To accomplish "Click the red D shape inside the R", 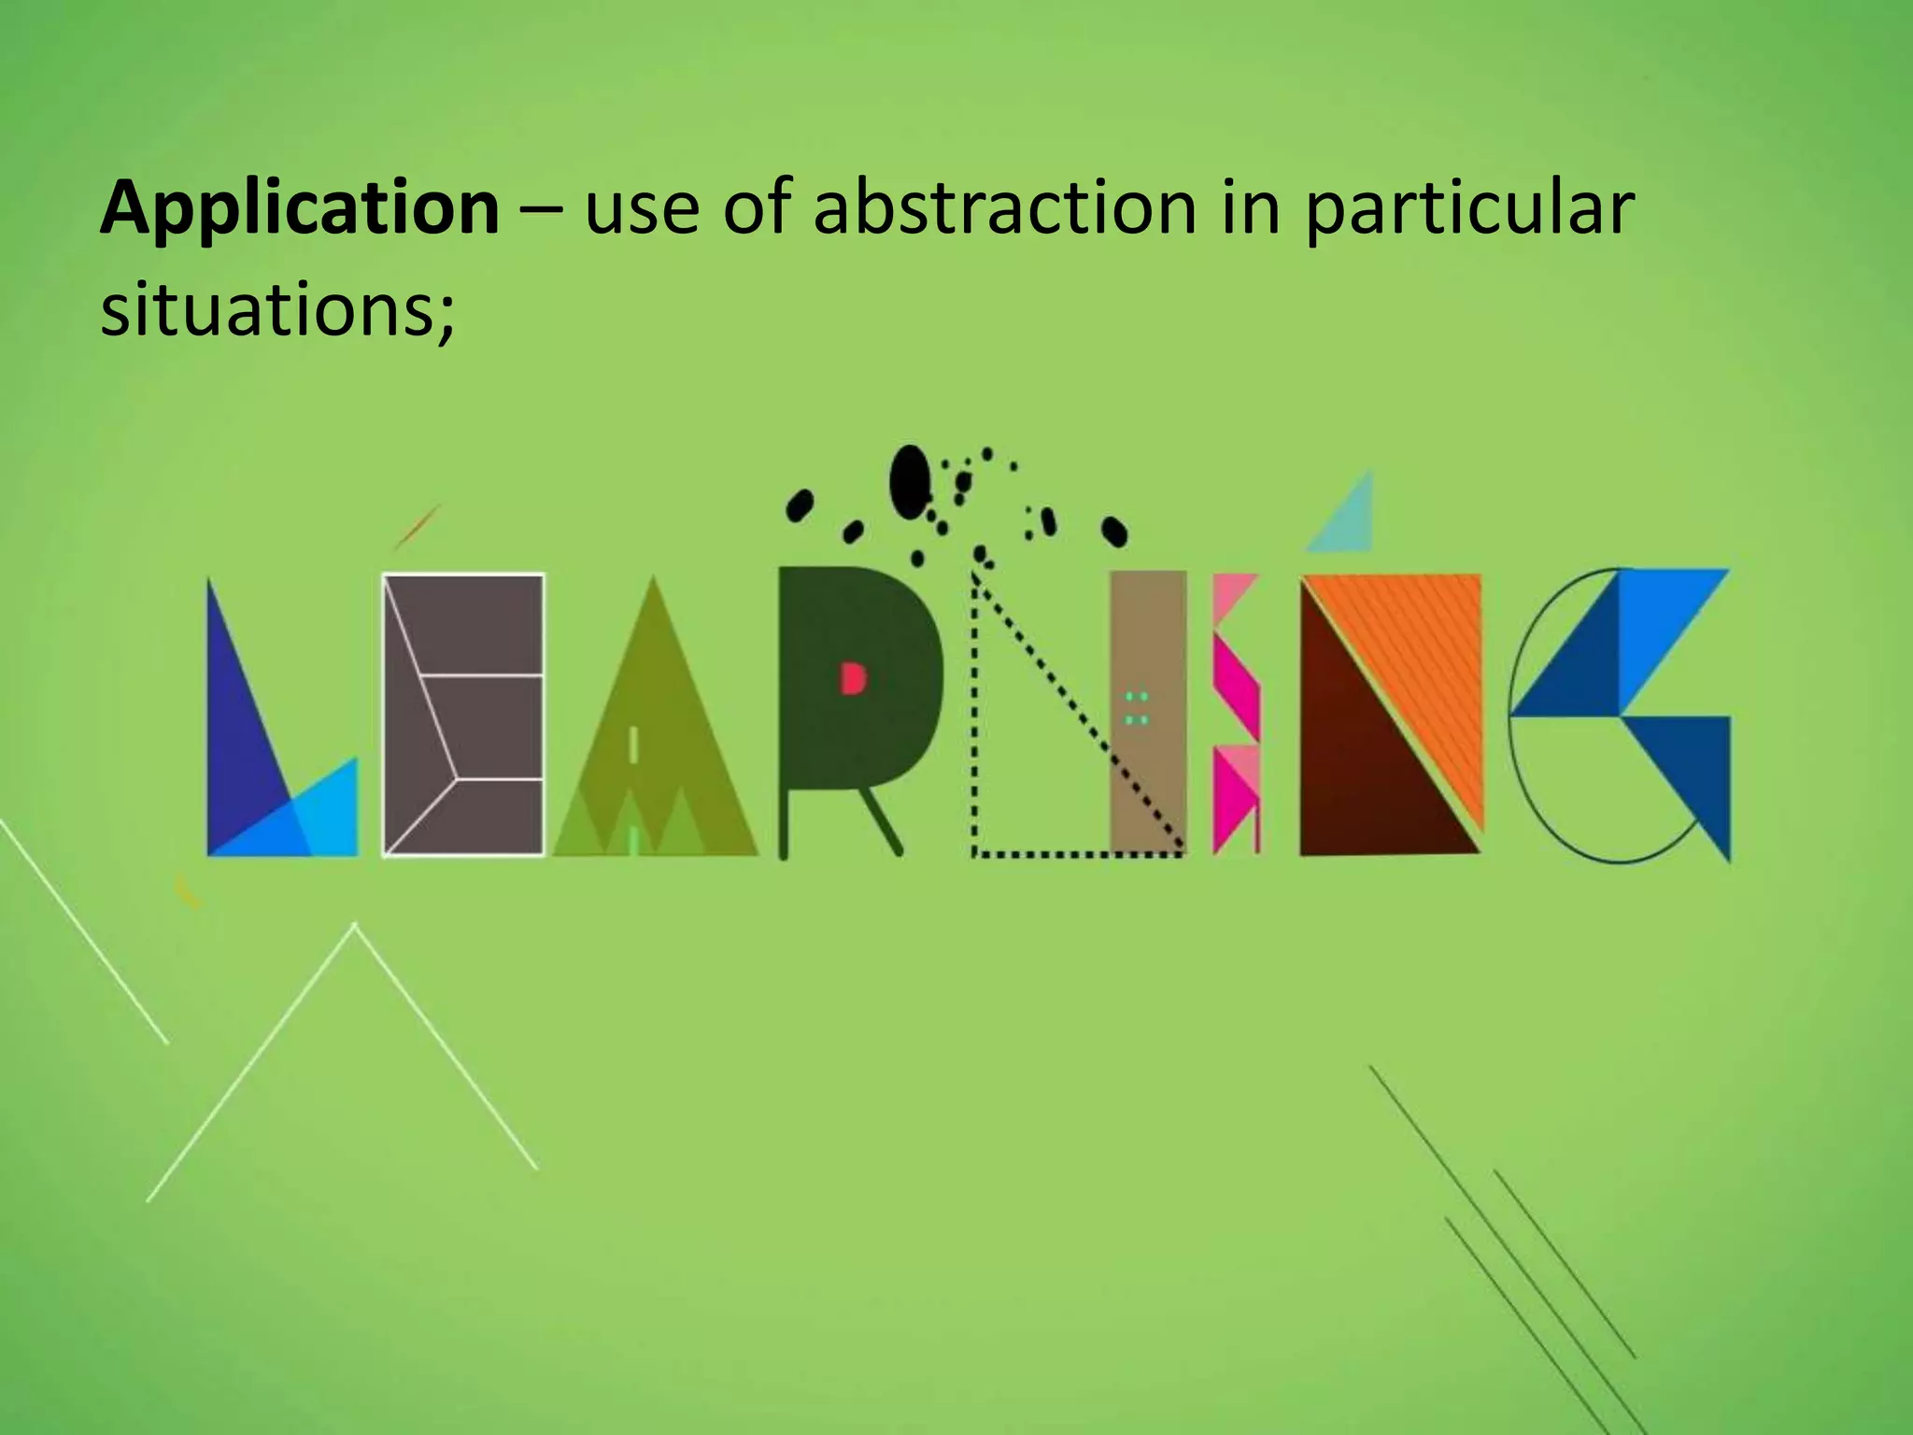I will [x=853, y=678].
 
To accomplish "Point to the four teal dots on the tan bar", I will [x=1136, y=708].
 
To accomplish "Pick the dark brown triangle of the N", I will [x=1354, y=766].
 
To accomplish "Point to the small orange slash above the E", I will [x=417, y=527].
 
